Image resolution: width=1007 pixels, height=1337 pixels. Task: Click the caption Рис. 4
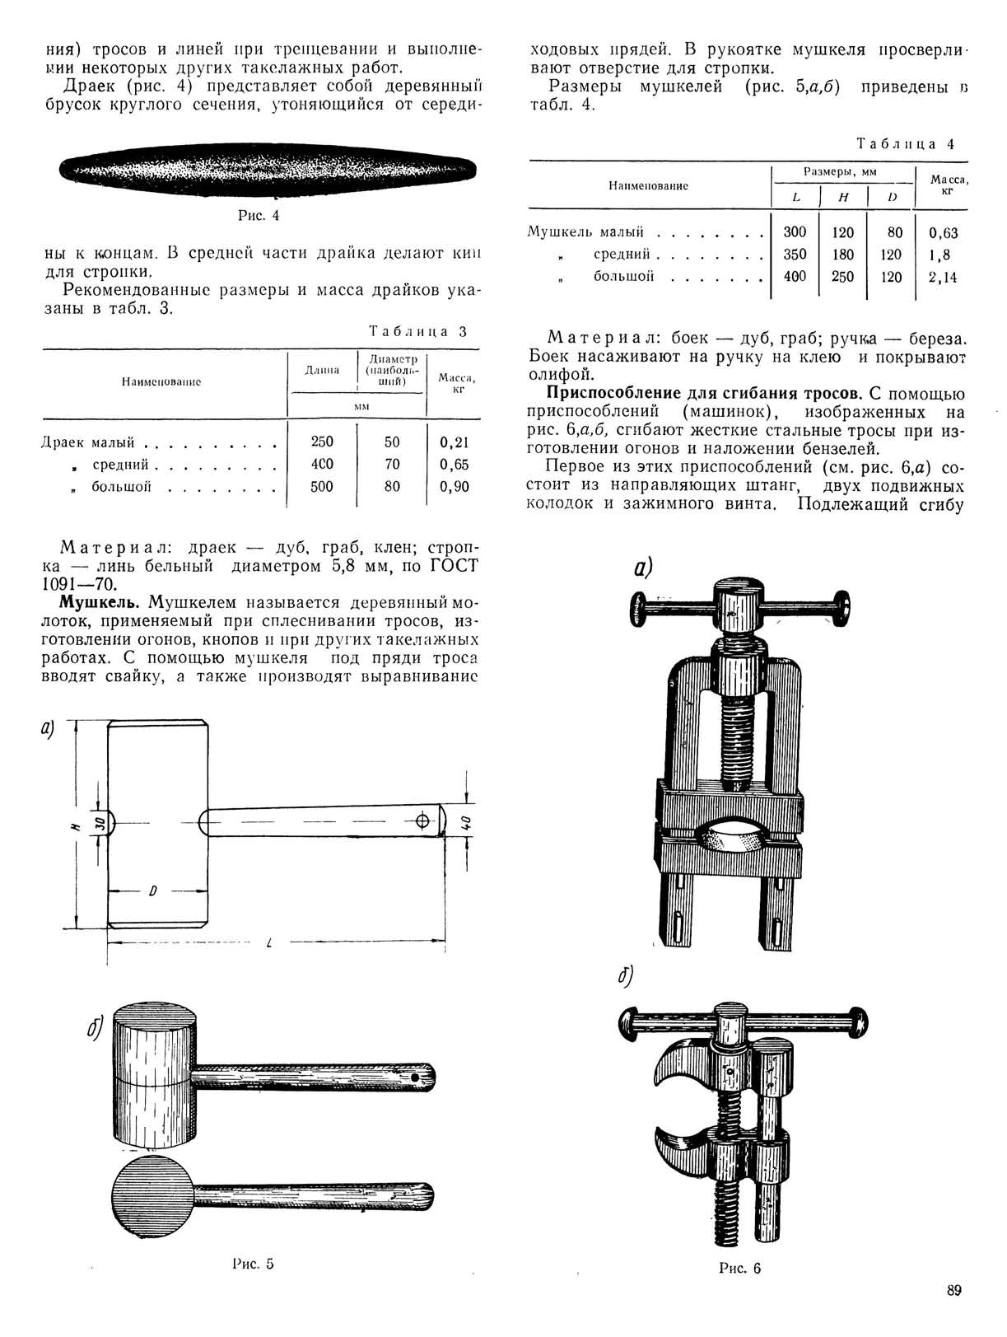259,216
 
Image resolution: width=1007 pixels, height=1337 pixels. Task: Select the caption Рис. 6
739,1268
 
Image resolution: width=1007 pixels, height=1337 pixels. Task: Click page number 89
953,1290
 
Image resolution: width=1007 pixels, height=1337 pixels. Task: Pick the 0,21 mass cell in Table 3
454,442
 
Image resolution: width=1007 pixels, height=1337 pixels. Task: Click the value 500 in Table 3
322,487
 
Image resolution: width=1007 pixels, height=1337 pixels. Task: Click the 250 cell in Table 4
842,277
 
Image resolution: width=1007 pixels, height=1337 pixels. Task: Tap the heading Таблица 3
418,332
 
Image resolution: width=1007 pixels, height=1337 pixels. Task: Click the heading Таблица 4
906,144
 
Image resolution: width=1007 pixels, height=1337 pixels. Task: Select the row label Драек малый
88,442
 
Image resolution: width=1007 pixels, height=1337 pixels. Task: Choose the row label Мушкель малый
585,232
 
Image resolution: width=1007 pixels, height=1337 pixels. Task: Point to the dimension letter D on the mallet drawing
153,891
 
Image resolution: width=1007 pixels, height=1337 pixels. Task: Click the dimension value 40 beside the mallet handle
465,822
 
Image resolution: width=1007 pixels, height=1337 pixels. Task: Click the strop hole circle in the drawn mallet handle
423,821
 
